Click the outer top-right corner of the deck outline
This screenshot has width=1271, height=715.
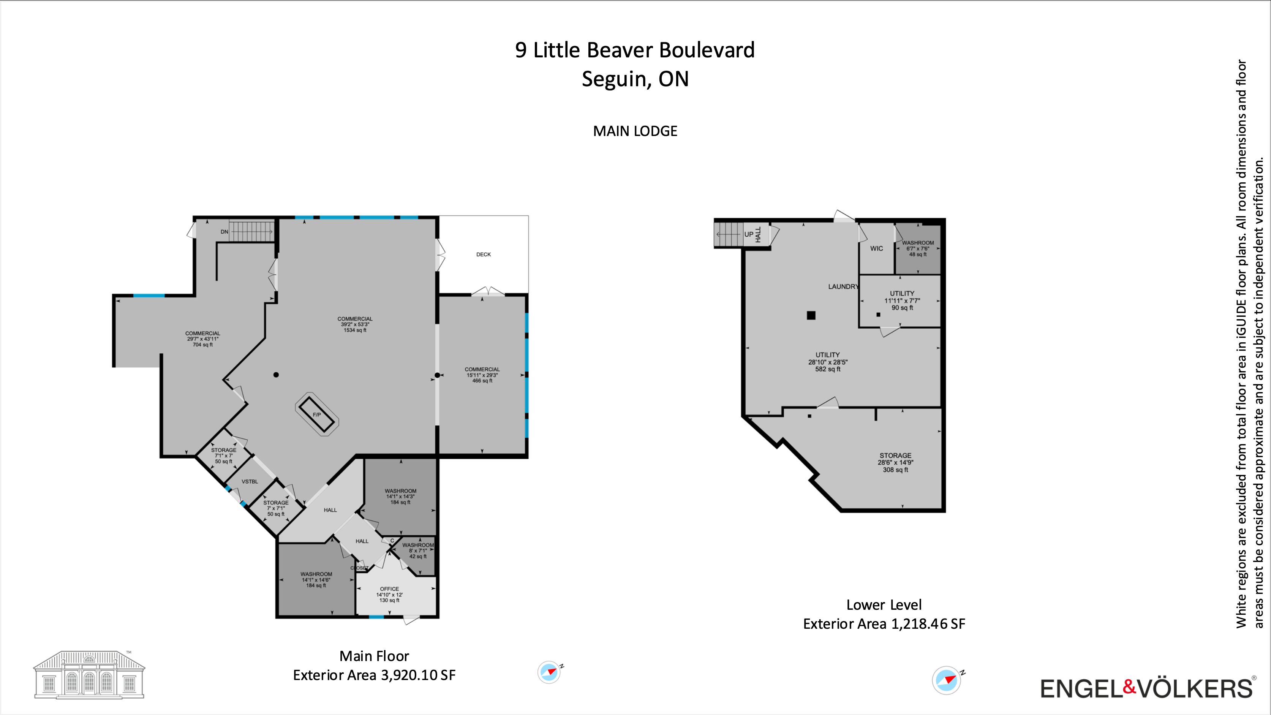click(528, 216)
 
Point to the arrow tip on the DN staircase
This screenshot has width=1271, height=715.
click(272, 231)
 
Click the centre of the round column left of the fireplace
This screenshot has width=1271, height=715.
click(276, 375)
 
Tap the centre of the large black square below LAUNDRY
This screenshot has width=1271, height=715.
click(811, 315)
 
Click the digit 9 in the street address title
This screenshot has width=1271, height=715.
click(520, 50)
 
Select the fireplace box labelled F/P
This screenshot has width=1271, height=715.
click(317, 414)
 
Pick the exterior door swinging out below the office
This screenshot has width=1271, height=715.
click(411, 619)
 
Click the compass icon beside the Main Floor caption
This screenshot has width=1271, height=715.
click(550, 672)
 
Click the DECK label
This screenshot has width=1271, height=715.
click(484, 255)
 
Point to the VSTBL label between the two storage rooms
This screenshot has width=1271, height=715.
click(250, 482)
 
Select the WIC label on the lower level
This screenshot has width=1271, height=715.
click(877, 249)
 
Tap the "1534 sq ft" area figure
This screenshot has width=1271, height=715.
click(355, 330)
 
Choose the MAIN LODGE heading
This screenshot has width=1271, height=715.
click(635, 131)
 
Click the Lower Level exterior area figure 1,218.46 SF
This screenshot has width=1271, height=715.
click(928, 624)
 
